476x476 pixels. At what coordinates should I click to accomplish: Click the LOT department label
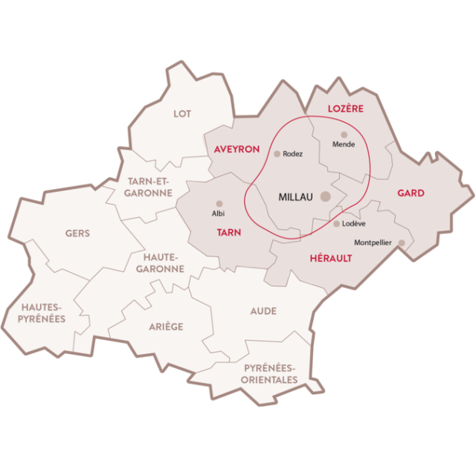(x=182, y=114)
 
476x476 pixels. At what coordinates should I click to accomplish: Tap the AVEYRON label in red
(x=237, y=149)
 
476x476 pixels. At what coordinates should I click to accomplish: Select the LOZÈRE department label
(x=346, y=109)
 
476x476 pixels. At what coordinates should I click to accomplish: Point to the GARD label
(x=411, y=193)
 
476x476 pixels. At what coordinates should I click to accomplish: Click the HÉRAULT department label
(x=330, y=258)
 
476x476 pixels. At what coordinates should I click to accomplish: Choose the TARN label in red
(x=228, y=233)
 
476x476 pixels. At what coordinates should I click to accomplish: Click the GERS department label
(x=77, y=234)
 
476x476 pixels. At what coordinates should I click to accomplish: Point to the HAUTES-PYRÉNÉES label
(x=43, y=312)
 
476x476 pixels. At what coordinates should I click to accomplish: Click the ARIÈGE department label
(x=166, y=327)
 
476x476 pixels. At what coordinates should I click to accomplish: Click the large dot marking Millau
(x=326, y=196)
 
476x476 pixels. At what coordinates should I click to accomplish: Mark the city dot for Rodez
(x=277, y=154)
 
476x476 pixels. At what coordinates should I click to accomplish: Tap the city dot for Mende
(x=344, y=135)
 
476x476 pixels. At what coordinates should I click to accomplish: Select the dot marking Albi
(x=219, y=203)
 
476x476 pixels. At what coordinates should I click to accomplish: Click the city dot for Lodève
(x=337, y=224)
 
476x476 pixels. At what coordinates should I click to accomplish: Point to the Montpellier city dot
(x=402, y=242)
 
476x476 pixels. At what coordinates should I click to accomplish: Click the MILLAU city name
(x=296, y=197)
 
